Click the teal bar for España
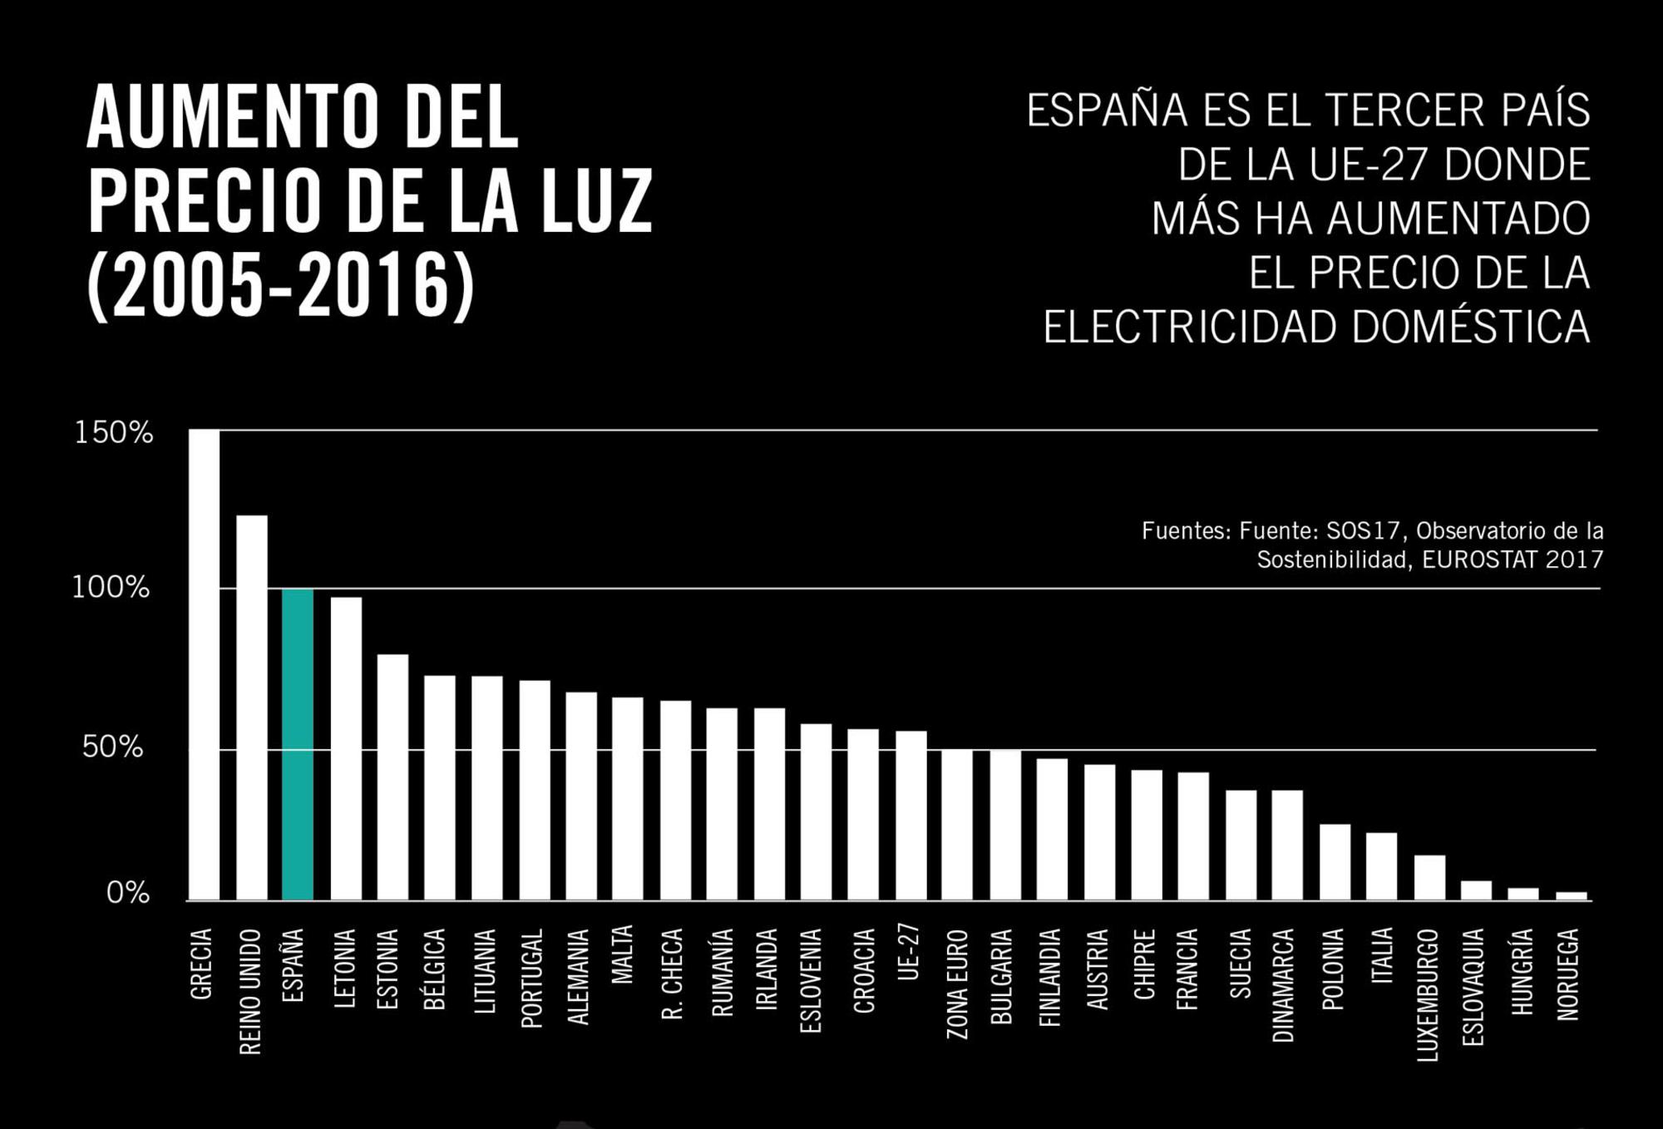tap(298, 744)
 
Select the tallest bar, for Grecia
tap(204, 665)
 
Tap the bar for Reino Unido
tap(252, 707)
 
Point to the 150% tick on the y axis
tap(114, 433)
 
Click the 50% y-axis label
tap(112, 747)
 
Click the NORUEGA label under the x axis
tap(1567, 974)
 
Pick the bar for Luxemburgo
tap(1429, 878)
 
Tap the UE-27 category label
tap(909, 951)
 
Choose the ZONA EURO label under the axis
tap(957, 984)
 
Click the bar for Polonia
tap(1335, 862)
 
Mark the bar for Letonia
tap(346, 748)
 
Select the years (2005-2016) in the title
tap(281, 285)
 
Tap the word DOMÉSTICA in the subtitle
tap(1470, 327)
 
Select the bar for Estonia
tap(392, 777)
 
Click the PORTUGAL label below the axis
tap(531, 978)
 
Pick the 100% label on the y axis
tap(111, 588)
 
